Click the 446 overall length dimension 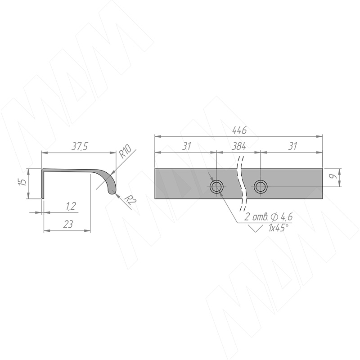point(239,130)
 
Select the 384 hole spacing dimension point(238,146)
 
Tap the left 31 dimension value point(186,146)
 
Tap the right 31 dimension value point(292,146)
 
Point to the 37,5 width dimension point(80,146)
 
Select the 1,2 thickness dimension point(71,207)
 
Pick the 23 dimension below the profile point(68,224)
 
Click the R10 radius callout point(125,152)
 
